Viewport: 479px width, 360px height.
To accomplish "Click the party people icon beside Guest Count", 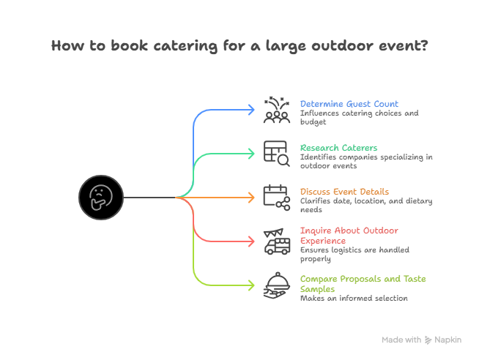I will click(x=276, y=109).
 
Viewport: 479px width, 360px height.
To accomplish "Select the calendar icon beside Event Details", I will click(x=276, y=197).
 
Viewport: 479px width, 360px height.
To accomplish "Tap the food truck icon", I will click(x=276, y=241).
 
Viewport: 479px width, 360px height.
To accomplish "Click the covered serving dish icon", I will click(x=276, y=285).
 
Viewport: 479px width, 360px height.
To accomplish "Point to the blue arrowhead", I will click(x=250, y=110).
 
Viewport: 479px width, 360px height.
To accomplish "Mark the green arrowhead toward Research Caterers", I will click(x=250, y=154).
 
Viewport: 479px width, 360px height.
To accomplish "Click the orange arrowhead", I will click(x=250, y=198).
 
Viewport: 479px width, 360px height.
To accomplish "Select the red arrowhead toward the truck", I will click(x=250, y=241).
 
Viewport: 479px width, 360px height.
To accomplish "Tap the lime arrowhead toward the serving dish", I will click(x=250, y=285).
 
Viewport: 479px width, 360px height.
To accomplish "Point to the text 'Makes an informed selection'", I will click(x=353, y=298).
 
